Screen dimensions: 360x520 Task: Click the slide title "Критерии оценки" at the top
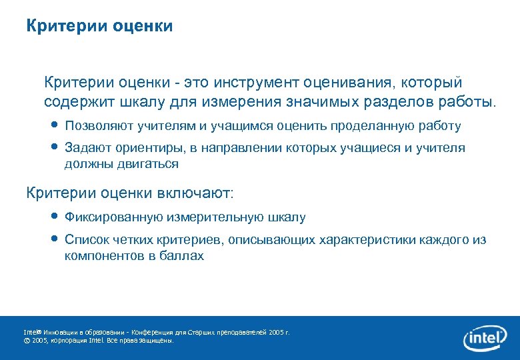coord(99,26)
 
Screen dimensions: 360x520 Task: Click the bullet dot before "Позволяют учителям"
coord(55,125)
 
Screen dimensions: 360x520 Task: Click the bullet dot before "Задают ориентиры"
coord(55,147)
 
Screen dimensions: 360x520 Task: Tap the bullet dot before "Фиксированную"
coord(55,217)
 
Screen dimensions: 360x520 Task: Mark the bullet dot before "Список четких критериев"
coord(55,239)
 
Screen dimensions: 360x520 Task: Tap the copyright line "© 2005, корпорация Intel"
coord(98,340)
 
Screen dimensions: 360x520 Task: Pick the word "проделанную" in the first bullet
coord(376,126)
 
